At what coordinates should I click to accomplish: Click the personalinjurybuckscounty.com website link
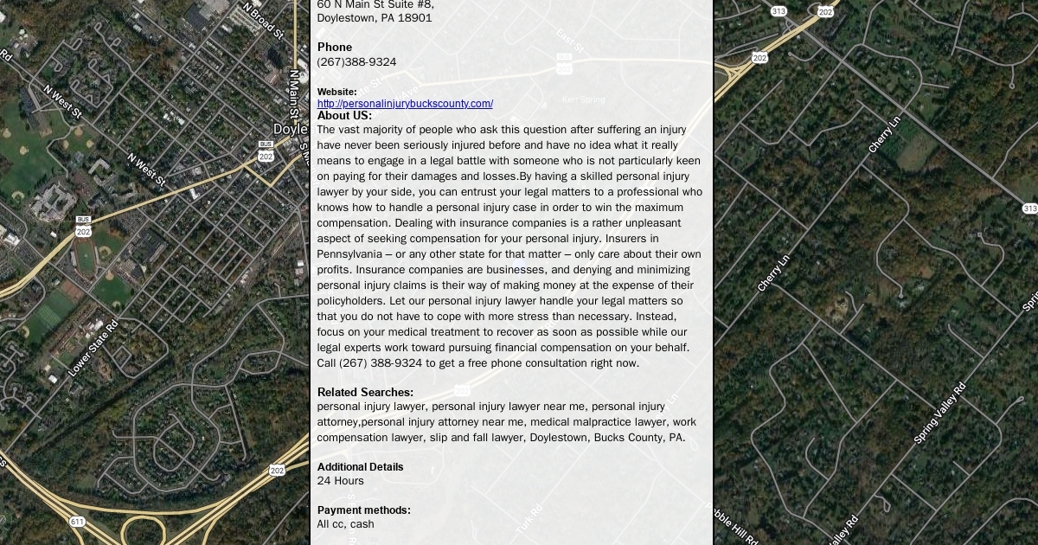pos(405,104)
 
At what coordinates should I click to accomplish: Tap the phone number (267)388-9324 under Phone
pos(356,62)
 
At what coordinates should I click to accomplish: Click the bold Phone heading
pos(335,47)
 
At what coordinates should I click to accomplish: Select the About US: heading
pos(344,116)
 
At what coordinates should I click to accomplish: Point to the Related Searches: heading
pos(365,392)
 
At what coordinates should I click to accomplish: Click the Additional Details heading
pos(360,466)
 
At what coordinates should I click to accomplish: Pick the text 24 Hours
pos(340,481)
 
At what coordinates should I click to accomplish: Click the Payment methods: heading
pos(363,510)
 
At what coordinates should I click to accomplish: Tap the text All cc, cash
pos(345,524)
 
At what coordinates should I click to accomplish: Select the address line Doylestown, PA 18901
pos(375,17)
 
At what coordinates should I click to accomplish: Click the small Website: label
pos(336,92)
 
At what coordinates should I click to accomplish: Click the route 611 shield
pos(78,522)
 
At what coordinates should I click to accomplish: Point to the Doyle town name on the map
pos(290,130)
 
